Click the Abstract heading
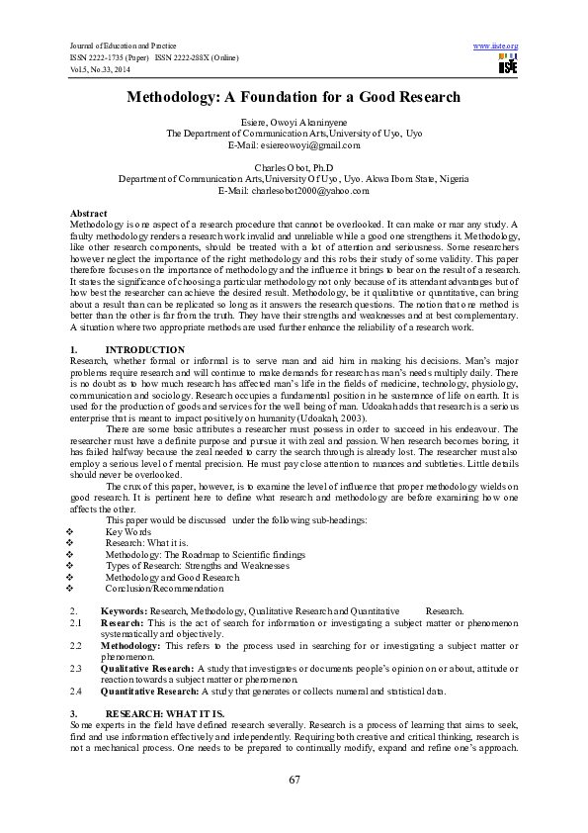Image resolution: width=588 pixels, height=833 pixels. pyautogui.click(x=89, y=214)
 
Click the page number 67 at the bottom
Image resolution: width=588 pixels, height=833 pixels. pyautogui.click(x=294, y=781)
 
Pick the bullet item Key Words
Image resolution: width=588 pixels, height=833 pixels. pyautogui.click(x=128, y=532)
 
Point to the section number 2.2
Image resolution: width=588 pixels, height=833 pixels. pyautogui.click(x=76, y=646)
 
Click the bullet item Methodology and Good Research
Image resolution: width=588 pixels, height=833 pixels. pyautogui.click(x=172, y=577)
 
